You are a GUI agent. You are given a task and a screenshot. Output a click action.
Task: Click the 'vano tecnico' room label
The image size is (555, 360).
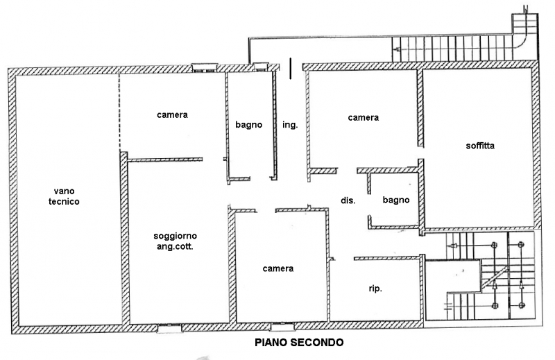coord(64,196)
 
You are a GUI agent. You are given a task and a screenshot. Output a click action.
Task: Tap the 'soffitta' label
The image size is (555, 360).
coord(480,146)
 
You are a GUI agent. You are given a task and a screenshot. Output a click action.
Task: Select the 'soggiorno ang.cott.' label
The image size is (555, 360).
coord(176,241)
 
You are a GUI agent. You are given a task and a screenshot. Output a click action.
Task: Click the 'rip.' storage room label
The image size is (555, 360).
coord(375,289)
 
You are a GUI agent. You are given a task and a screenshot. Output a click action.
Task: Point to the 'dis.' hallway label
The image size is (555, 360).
coord(348,200)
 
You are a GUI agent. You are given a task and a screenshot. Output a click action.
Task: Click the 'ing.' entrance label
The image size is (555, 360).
coord(290,125)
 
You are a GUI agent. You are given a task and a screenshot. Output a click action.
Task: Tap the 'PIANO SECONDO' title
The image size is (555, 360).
coord(299,342)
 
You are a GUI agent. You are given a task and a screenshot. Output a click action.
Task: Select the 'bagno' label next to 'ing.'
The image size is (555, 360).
coord(249,125)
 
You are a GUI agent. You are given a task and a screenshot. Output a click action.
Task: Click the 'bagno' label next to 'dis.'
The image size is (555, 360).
coord(396,200)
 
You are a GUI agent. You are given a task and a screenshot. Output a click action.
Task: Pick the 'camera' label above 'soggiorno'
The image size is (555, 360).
coord(172,114)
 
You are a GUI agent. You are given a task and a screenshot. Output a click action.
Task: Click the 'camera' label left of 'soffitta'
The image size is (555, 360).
coord(363,117)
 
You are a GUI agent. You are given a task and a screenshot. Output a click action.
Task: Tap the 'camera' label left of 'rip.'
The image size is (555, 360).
coord(278,268)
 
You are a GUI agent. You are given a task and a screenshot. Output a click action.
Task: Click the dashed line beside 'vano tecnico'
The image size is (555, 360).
coord(119,111)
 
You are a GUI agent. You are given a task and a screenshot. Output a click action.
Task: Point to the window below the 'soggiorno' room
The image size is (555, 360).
coord(169,328)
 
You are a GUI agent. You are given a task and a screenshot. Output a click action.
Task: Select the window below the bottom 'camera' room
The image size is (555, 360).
coord(282,327)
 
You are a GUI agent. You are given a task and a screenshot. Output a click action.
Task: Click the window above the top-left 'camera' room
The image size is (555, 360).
coord(205,67)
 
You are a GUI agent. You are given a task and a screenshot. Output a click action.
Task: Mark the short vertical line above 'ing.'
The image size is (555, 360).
coord(291,69)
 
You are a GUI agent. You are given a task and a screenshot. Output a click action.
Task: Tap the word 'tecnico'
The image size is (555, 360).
coord(64,202)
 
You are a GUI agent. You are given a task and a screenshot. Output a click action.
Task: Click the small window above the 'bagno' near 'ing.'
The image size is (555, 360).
coord(261,67)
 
